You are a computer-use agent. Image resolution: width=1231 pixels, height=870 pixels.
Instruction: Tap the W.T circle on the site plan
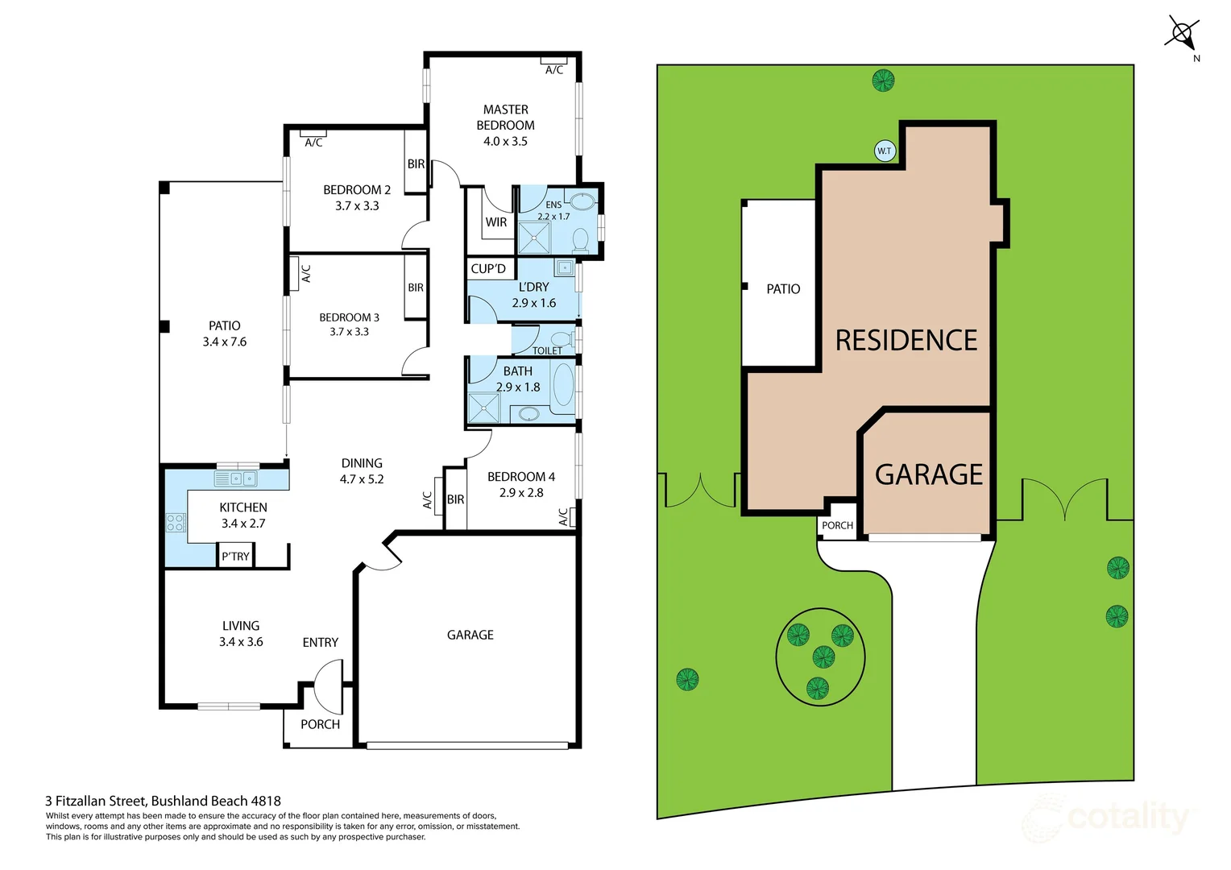885,151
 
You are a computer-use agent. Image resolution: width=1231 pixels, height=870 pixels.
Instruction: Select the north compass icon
1182,35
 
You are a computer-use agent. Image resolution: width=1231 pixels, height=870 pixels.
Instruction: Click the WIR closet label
496,222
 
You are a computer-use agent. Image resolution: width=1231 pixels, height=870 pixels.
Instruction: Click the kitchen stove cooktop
176,522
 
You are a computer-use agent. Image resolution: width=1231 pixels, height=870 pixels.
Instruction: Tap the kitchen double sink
235,479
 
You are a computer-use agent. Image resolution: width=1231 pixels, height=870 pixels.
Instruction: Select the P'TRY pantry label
235,557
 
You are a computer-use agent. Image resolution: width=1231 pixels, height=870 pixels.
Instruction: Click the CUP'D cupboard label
488,269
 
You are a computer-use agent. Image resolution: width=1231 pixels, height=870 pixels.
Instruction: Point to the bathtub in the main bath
563,384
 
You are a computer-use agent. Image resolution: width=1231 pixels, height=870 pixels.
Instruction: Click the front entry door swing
329,683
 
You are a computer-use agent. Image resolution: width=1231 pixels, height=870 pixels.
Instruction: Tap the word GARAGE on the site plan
929,474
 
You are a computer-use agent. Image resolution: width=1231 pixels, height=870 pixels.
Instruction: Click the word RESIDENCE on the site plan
906,341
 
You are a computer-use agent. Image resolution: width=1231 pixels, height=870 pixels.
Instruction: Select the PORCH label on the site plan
837,525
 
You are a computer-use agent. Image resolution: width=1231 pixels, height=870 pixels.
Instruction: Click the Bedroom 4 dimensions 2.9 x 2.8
521,493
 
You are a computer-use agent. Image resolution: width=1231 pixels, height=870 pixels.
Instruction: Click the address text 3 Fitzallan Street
97,801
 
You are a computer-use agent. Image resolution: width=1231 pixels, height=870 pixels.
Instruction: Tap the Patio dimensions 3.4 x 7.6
225,342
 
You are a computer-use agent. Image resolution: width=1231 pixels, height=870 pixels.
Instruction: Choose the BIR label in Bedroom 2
416,164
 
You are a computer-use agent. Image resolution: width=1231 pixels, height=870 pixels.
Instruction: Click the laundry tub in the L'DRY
564,267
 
